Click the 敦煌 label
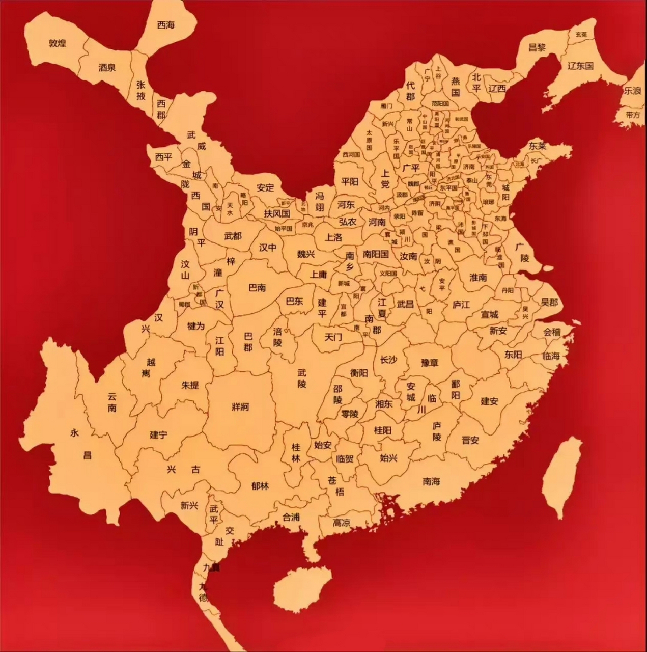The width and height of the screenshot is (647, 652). tap(58, 43)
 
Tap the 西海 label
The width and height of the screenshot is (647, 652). tap(165, 24)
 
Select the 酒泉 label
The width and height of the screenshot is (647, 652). tap(107, 67)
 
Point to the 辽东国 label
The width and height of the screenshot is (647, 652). tap(580, 66)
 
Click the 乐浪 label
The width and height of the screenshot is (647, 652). tap(633, 91)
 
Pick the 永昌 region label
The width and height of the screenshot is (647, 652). tap(81, 444)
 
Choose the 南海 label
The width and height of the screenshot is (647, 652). tap(431, 481)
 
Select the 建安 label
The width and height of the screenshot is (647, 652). tap(489, 401)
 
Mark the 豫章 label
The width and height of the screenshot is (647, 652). tap(429, 363)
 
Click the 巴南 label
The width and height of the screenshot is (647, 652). tap(257, 287)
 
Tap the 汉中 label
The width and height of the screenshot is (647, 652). tap(268, 247)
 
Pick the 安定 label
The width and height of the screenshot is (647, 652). tap(265, 187)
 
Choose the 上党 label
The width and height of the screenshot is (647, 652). tap(385, 178)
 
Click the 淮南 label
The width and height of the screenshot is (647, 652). tap(478, 278)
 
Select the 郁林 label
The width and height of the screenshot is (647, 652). tap(260, 486)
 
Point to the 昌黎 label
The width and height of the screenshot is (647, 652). tap(537, 47)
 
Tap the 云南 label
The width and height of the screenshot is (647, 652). tap(112, 402)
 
